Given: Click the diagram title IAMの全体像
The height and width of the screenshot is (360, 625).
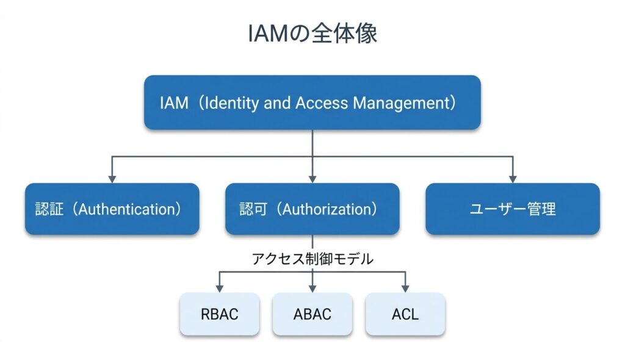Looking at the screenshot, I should pos(312,34).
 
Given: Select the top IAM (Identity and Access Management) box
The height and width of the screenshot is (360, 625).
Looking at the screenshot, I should pos(312,103).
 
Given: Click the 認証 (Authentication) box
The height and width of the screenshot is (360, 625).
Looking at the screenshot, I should pos(112,209).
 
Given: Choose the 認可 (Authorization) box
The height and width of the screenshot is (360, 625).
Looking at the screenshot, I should pos(312,209).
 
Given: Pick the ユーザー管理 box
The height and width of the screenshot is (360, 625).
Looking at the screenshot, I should pos(513,209).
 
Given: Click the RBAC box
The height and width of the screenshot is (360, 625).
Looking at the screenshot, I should pos(219,314).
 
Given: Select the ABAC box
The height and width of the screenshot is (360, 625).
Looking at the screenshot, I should pos(312,314).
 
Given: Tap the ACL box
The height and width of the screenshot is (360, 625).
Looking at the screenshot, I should pos(405,314).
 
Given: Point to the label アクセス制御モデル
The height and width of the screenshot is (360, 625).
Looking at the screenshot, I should pos(312,259).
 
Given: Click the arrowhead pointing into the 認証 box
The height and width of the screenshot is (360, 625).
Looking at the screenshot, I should pos(112,178).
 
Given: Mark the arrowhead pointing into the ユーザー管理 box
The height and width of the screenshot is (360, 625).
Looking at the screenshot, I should pos(513,178).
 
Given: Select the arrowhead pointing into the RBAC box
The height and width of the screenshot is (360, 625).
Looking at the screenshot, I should pos(219,288).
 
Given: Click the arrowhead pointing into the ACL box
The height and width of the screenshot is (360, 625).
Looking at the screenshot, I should pos(405,288).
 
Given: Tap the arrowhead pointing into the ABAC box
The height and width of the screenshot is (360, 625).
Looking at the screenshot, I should pos(312,288).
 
